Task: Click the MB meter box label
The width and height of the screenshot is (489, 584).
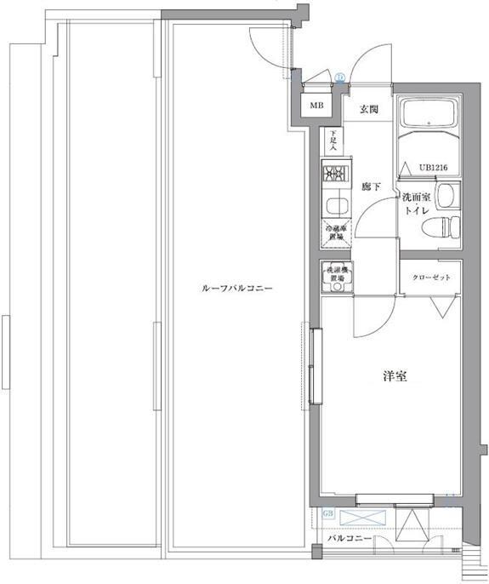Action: point(316,106)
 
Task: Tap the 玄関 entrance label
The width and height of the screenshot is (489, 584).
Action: point(368,108)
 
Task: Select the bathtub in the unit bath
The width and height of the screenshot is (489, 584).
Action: point(429,115)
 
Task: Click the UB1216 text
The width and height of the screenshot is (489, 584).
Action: point(433,167)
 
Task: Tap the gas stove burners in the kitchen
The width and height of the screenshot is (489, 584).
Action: point(333,175)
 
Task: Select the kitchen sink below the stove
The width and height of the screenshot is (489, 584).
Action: point(333,205)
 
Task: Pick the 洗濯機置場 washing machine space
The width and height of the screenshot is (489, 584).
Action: point(333,277)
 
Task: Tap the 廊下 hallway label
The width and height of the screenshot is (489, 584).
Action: point(369,186)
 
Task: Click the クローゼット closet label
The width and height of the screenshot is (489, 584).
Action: point(430,278)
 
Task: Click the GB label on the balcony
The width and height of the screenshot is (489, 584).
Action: point(329,514)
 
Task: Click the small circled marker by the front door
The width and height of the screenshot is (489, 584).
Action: point(339,77)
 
